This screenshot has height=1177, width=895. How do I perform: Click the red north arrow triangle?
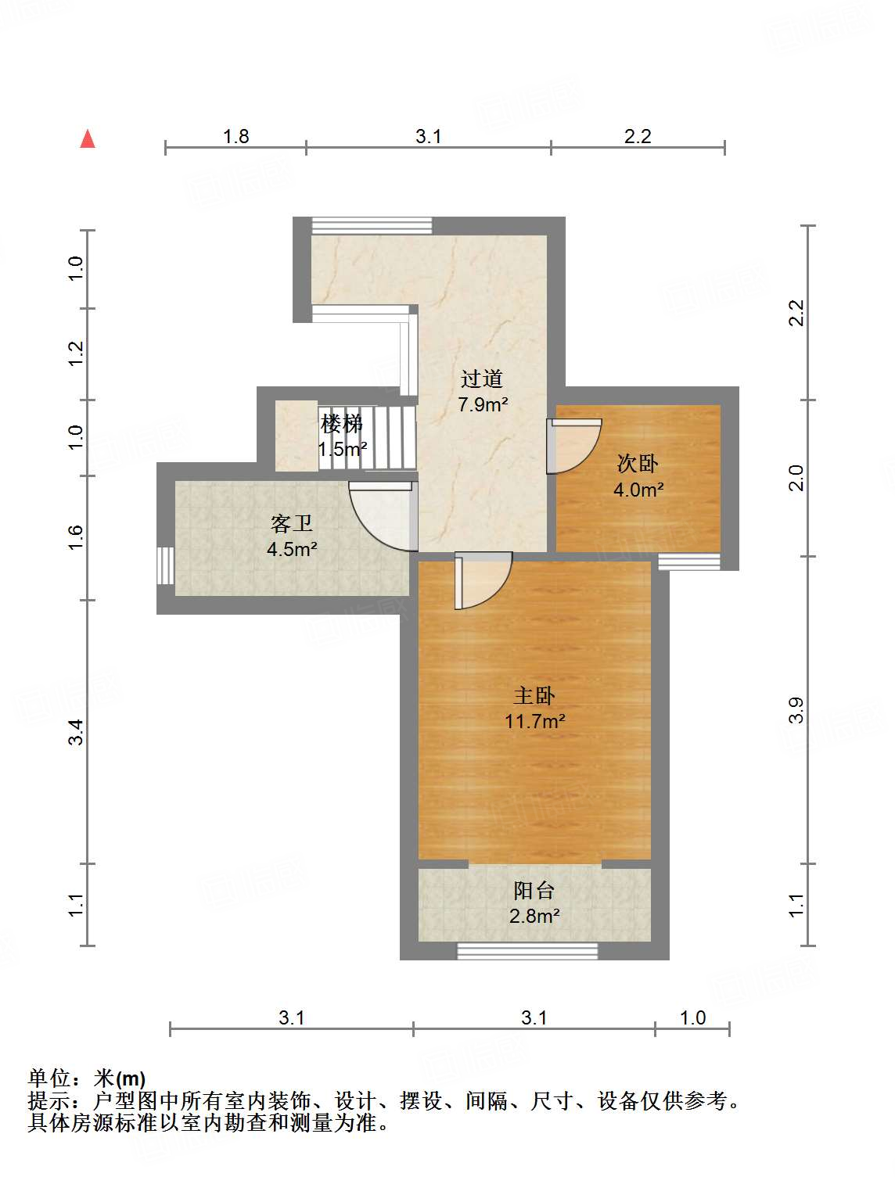coord(88,139)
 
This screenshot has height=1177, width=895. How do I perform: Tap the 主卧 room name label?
coord(534,695)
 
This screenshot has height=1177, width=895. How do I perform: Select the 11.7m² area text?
coord(534,721)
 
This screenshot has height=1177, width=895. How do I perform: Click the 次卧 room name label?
coord(638,464)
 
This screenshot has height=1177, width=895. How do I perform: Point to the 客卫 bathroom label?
coord(292,523)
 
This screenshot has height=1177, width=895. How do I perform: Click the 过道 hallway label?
coord(481,379)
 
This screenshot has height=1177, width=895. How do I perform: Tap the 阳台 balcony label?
coord(534,890)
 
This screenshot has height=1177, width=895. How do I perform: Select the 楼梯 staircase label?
coord(342,425)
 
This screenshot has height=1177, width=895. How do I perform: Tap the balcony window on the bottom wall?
coord(527,951)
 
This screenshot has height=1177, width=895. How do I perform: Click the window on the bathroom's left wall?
coord(165,565)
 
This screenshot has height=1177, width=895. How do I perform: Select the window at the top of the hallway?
coord(372,225)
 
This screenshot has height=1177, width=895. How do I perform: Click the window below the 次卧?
coord(688,562)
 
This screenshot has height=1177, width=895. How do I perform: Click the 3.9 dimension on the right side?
coord(796,709)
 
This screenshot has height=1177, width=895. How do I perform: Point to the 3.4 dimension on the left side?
coord(75,732)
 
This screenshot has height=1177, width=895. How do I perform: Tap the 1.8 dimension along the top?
coord(235,137)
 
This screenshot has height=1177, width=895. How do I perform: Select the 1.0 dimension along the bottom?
coord(692,1017)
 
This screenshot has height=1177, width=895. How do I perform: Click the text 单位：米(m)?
coord(87,1078)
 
